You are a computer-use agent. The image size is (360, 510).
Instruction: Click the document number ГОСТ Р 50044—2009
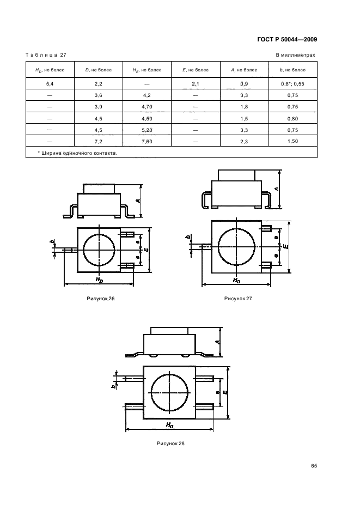tap(287, 40)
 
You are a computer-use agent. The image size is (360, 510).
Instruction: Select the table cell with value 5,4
tap(50, 84)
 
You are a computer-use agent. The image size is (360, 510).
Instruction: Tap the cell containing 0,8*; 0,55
tap(292, 84)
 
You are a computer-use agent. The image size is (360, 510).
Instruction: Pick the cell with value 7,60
tap(147, 142)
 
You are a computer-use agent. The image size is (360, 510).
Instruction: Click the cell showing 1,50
tap(292, 141)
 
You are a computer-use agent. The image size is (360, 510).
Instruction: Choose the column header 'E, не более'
tap(196, 70)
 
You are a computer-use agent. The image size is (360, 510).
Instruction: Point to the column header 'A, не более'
tap(244, 70)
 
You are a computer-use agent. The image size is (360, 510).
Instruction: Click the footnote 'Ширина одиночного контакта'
tap(77, 153)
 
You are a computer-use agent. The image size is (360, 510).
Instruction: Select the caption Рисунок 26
tap(101, 299)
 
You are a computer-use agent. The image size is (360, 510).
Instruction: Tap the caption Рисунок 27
tap(238, 299)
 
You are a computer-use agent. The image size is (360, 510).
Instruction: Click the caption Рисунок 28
tap(170, 444)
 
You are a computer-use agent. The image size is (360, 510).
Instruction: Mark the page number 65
tap(314, 466)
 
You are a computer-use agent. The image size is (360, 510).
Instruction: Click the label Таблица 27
tap(46, 55)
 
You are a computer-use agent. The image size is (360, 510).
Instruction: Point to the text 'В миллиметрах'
tap(295, 55)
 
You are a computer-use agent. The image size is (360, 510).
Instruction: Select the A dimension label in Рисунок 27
tap(277, 189)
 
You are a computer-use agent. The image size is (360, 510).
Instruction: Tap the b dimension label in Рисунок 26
tap(52, 242)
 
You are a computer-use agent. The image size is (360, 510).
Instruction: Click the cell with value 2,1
tap(196, 84)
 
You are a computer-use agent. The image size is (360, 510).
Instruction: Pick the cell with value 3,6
tap(99, 95)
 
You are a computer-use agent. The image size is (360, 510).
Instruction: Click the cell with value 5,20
tap(147, 130)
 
